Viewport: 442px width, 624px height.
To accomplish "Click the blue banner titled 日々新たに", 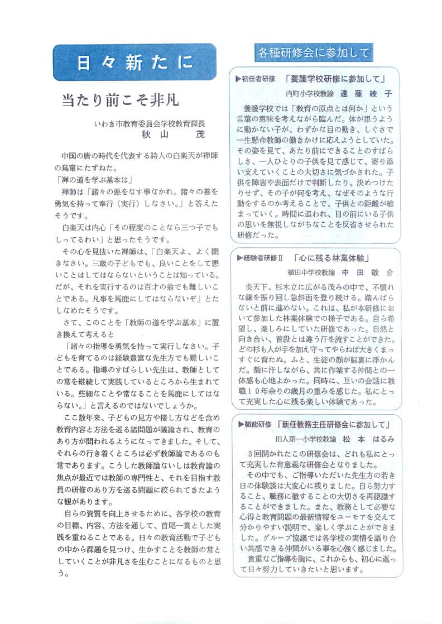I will point(134,63).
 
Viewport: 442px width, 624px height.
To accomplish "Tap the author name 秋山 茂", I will point(174,135).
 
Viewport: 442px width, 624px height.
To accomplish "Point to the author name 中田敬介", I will point(368,273).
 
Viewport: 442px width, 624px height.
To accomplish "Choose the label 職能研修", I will point(258,425).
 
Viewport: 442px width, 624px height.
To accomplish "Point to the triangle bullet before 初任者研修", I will point(238,79).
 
